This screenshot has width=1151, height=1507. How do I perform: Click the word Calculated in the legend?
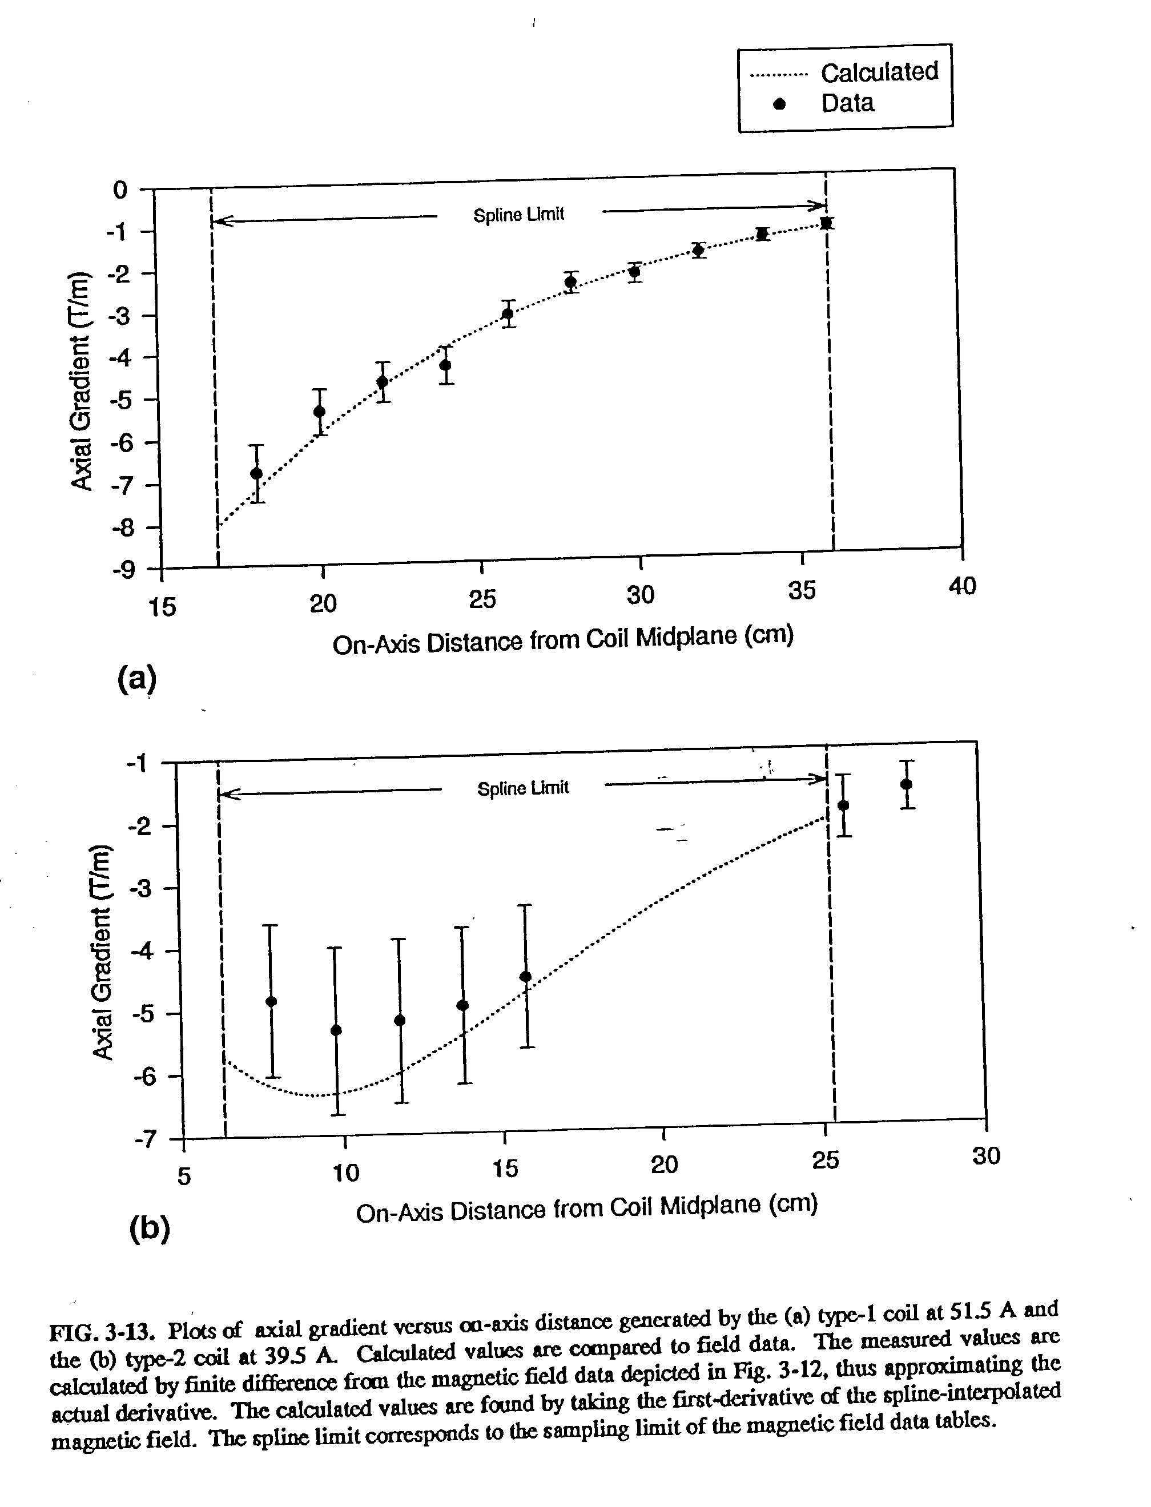pos(879,72)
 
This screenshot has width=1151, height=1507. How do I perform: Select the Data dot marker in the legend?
pos(779,103)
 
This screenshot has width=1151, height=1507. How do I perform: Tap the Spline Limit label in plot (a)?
pos(518,215)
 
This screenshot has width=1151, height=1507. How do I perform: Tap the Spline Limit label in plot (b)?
pos(523,788)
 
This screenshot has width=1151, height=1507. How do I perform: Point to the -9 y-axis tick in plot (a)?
pos(124,570)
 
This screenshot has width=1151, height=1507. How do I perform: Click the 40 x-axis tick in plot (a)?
pos(962,586)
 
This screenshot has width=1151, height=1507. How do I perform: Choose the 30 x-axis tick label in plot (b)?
pos(986,1157)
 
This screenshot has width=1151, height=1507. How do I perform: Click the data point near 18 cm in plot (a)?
pos(256,473)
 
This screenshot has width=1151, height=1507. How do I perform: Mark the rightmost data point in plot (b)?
pos(907,784)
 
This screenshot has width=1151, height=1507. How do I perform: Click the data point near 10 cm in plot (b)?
pos(336,1030)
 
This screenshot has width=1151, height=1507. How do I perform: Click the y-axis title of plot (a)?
pos(82,381)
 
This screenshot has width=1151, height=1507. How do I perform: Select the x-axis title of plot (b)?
pos(586,1208)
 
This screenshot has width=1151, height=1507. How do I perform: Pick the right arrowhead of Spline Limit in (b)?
pos(821,778)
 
